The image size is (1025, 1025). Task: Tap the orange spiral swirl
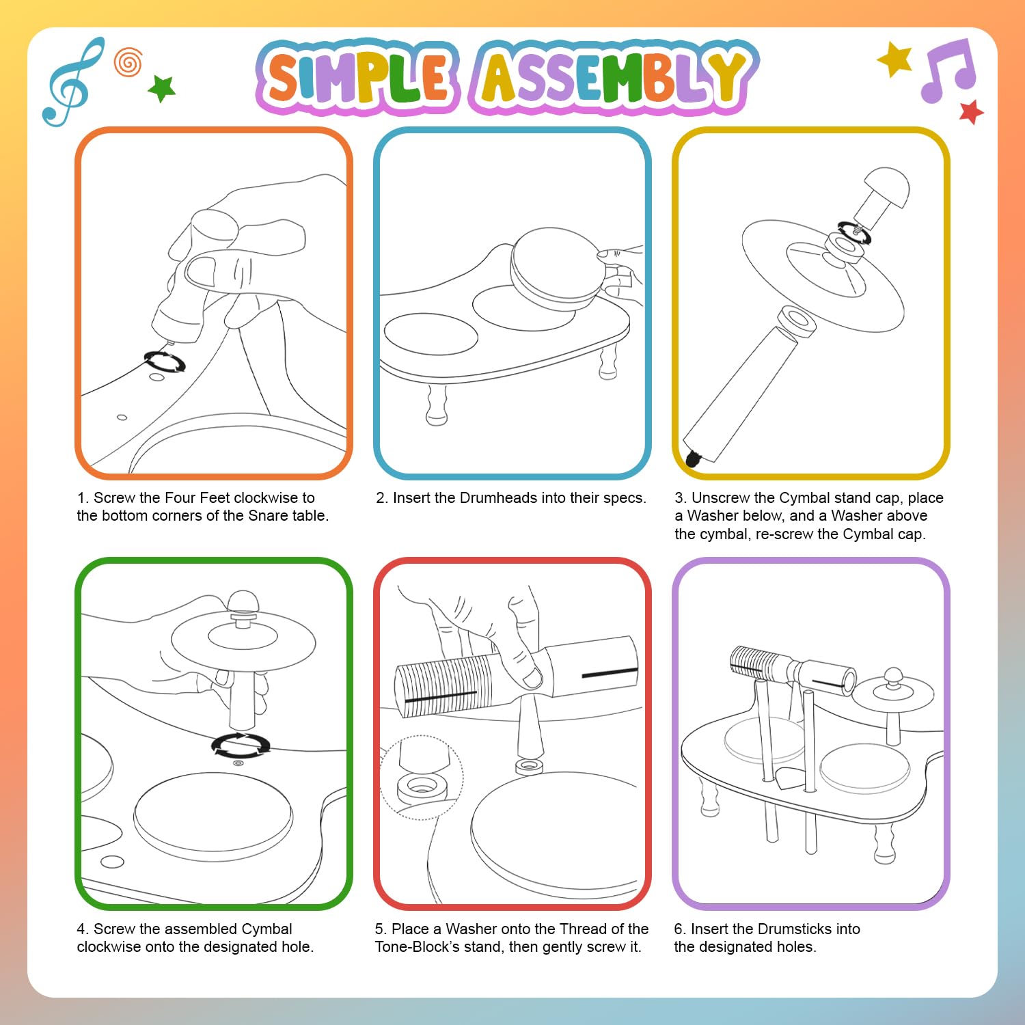[x=128, y=62]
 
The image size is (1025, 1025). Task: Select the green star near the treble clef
[x=162, y=88]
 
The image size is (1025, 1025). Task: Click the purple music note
[x=948, y=70]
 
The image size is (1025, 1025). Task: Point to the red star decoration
[x=971, y=112]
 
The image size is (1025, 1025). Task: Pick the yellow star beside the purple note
[x=895, y=59]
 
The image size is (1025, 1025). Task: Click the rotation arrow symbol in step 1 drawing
[x=165, y=361]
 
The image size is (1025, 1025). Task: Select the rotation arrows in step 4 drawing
[x=241, y=745]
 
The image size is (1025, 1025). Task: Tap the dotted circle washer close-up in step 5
[x=422, y=777]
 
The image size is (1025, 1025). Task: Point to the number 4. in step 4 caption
[x=83, y=929]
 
